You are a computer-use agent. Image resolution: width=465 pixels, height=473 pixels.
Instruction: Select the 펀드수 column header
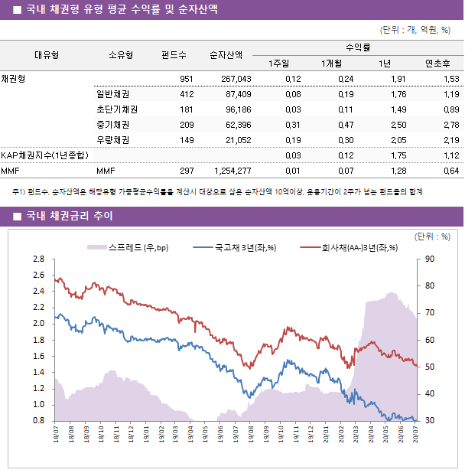point(174,55)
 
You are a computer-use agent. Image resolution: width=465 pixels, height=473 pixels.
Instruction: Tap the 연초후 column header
point(436,63)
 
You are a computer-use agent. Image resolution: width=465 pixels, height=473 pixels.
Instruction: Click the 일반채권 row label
point(112,94)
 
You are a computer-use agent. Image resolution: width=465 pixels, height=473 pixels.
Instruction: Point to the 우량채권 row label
point(112,140)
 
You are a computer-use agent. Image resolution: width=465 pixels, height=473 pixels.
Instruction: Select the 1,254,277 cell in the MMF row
point(230,171)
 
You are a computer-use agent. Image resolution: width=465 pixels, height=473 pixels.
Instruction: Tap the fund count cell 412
point(186,94)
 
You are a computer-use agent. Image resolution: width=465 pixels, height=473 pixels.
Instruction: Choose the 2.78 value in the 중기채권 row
point(450,125)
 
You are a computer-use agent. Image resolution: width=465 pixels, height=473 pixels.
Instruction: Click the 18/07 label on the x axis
point(57,435)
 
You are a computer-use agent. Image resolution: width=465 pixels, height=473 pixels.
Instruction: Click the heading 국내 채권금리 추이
point(69,216)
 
